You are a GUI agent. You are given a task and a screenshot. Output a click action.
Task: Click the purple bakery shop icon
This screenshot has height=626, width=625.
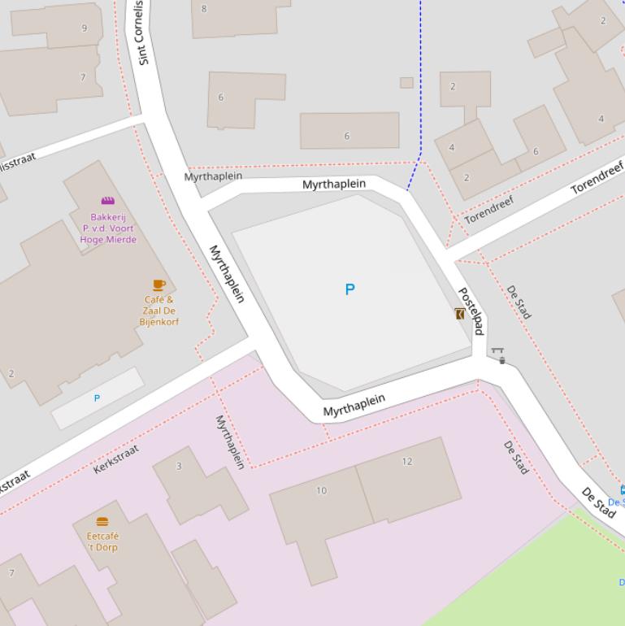coord(107,201)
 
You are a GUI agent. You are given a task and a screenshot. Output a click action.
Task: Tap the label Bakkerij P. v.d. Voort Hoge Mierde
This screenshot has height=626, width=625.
coord(108,228)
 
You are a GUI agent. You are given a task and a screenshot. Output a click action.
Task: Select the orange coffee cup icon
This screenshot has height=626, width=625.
coord(158,285)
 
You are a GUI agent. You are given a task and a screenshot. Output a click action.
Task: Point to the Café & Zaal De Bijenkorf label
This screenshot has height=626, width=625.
coord(158,311)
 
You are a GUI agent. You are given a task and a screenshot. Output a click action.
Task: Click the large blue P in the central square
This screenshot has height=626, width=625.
coord(349,289)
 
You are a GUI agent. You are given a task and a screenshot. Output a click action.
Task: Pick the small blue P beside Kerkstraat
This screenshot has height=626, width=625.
coord(97,398)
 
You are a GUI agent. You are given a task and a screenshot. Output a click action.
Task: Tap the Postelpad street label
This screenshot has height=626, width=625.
coord(471,311)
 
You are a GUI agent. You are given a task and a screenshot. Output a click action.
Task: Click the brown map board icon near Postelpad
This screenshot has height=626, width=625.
coord(459,314)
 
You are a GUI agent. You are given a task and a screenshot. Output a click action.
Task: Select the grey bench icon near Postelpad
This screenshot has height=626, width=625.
coord(497,351)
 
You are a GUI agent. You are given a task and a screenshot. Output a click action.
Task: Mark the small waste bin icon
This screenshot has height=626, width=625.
coord(502,360)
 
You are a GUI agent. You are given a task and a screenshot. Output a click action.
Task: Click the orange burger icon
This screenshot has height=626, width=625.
coord(102,522)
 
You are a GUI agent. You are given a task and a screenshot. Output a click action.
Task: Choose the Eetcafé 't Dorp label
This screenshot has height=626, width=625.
coord(102,541)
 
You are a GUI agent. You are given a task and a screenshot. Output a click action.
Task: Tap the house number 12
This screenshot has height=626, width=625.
coord(406,462)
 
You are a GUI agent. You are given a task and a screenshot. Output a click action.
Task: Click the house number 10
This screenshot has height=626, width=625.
coord(321,490)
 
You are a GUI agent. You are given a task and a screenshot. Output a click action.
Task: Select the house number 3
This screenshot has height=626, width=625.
coord(179,466)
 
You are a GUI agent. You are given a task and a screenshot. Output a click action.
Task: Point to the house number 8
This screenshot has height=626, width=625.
coord(204,9)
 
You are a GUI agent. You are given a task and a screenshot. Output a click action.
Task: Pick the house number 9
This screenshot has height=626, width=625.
coord(84,28)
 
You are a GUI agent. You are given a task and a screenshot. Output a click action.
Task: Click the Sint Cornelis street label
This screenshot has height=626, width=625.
coord(142,33)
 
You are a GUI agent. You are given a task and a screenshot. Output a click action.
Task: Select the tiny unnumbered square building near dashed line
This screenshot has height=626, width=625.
coord(406,82)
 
